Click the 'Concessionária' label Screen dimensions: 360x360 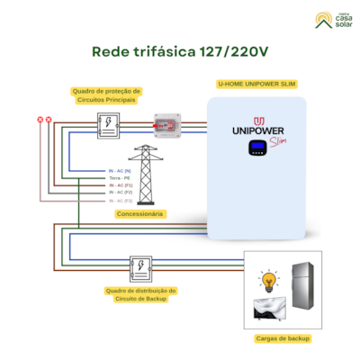pyautogui.click(x=139, y=214)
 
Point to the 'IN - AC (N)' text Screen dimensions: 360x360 pyautogui.click(x=120, y=170)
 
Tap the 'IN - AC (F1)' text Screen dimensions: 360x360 pyautogui.click(x=120, y=185)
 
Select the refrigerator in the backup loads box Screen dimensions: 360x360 pyautogui.click(x=303, y=291)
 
